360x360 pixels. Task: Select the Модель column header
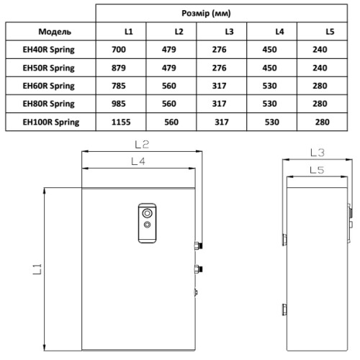coord(50,32)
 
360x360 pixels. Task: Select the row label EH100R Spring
coord(50,122)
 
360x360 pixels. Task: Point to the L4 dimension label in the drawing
coord(139,162)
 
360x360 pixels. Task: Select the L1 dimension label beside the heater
coord(38,269)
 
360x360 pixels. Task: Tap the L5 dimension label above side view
coord(315,170)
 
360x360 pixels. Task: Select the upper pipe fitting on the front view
coord(199,246)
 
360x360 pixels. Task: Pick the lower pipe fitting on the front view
coord(199,269)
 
